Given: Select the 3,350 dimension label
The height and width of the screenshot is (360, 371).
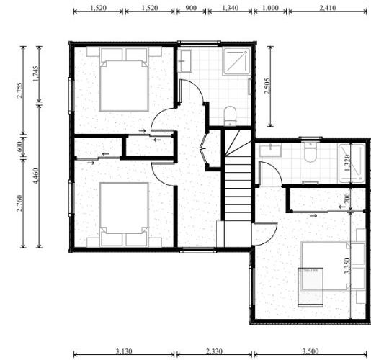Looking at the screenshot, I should pos(347,266).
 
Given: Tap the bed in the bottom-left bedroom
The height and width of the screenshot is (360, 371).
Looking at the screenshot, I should pos(124,212).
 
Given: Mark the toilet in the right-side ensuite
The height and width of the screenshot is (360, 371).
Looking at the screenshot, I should pos(310,153).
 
